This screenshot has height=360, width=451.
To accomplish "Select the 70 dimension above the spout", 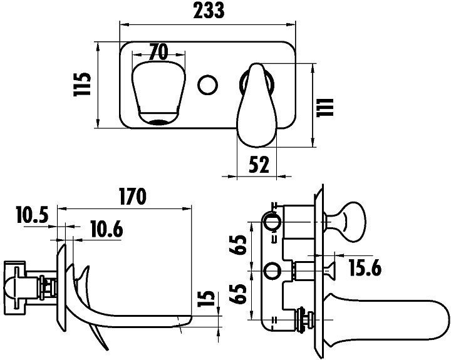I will [158, 52].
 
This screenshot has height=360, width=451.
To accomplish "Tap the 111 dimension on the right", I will [328, 105].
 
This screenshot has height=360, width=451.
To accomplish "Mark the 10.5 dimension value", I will [32, 217].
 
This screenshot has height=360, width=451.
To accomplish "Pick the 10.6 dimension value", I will [105, 229].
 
